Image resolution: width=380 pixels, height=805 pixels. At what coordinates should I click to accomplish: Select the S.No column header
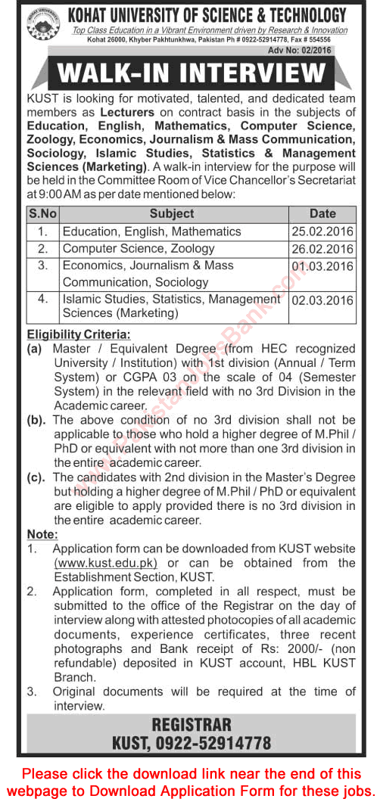pyautogui.click(x=41, y=214)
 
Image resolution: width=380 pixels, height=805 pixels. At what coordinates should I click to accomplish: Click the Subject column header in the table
pyautogui.click(x=171, y=214)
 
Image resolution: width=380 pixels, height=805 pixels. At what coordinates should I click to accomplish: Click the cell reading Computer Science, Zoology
pyautogui.click(x=139, y=248)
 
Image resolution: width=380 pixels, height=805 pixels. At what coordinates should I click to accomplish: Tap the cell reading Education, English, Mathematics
pyautogui.click(x=151, y=232)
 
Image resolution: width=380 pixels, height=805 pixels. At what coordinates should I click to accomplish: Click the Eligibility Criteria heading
pyautogui.click(x=79, y=334)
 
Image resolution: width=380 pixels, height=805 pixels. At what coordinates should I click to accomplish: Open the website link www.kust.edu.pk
pyautogui.click(x=106, y=563)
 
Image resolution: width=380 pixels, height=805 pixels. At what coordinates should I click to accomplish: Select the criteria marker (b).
pyautogui.click(x=38, y=420)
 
